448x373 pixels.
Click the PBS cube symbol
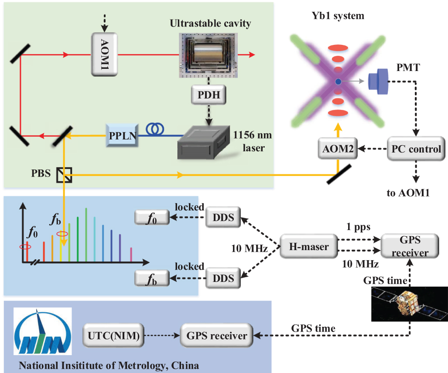pos(64,175)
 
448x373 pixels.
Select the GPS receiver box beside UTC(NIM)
pos(216,336)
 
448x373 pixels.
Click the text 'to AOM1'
pos(408,193)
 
